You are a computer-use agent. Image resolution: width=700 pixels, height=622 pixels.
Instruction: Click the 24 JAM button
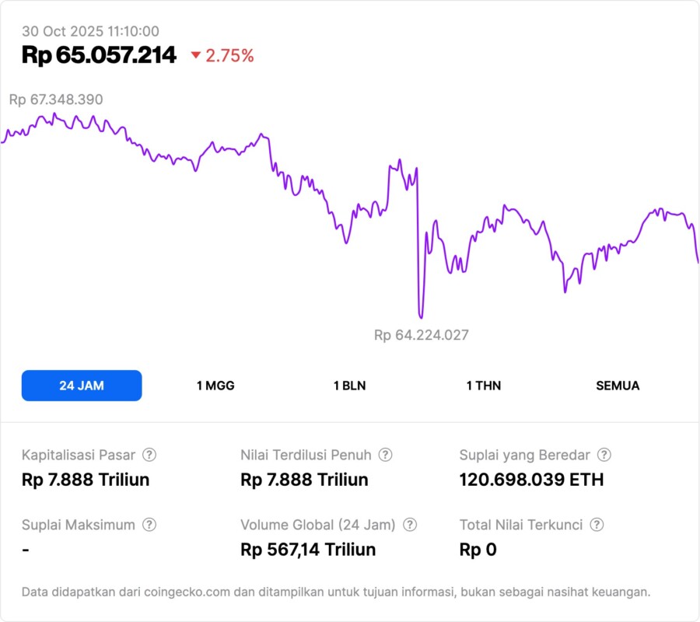click(x=82, y=386)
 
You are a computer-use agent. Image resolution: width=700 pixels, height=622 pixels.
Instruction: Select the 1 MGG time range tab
click(x=215, y=386)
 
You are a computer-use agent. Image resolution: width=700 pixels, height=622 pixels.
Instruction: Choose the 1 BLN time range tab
click(x=349, y=386)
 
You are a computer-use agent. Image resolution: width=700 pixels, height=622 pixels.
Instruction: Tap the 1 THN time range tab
click(x=484, y=386)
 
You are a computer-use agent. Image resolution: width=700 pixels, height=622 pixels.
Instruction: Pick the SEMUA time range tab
click(x=618, y=386)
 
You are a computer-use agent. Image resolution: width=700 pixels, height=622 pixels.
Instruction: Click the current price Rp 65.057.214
click(x=99, y=55)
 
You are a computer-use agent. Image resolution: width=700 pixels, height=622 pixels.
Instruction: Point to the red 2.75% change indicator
click(x=222, y=56)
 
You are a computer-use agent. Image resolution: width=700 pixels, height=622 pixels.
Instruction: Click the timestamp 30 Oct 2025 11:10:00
click(x=90, y=32)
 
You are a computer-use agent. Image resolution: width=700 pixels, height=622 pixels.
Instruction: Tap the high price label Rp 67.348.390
click(x=56, y=100)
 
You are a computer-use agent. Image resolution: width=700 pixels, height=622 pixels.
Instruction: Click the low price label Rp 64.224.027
click(x=422, y=335)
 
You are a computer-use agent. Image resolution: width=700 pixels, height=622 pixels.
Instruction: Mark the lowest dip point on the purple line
click(x=421, y=316)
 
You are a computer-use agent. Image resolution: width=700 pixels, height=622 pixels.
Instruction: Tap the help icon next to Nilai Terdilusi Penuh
click(x=385, y=455)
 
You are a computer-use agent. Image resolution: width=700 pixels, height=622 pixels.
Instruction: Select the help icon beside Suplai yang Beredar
click(x=604, y=455)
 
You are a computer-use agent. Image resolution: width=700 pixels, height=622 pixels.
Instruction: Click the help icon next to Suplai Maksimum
click(x=149, y=525)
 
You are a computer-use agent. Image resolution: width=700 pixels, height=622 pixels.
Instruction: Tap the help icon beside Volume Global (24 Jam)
click(x=410, y=525)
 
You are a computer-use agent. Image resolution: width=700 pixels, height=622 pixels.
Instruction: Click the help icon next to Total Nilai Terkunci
click(x=597, y=525)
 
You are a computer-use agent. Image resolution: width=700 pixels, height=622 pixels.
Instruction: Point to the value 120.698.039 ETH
click(x=531, y=480)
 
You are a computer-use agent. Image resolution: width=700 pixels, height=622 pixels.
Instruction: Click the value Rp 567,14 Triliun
click(x=308, y=550)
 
